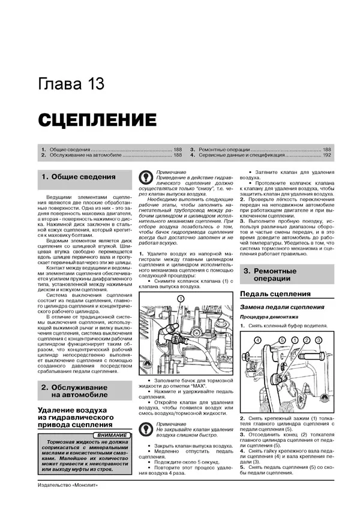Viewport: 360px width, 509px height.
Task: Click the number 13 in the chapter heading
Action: point(92,84)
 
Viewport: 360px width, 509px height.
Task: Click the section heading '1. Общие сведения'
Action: point(78,177)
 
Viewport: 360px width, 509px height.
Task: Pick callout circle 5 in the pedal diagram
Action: point(280,340)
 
